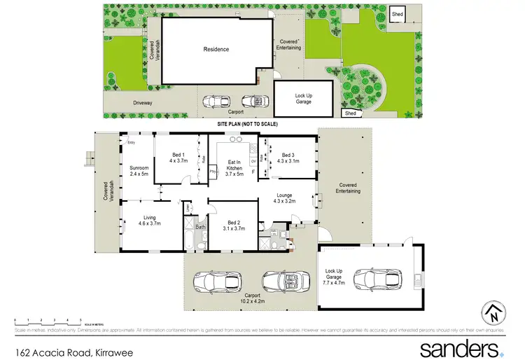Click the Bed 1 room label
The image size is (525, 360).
pyautogui.click(x=178, y=158)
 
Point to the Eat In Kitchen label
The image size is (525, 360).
pyautogui.click(x=234, y=166)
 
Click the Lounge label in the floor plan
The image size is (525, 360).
pyautogui.click(x=284, y=198)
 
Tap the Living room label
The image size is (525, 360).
pyautogui.click(x=150, y=220)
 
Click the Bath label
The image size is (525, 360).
pyautogui.click(x=200, y=226)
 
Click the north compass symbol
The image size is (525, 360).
pyautogui.click(x=494, y=313)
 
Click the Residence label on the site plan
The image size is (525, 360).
pyautogui.click(x=216, y=49)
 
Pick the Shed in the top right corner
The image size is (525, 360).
pyautogui.click(x=398, y=14)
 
